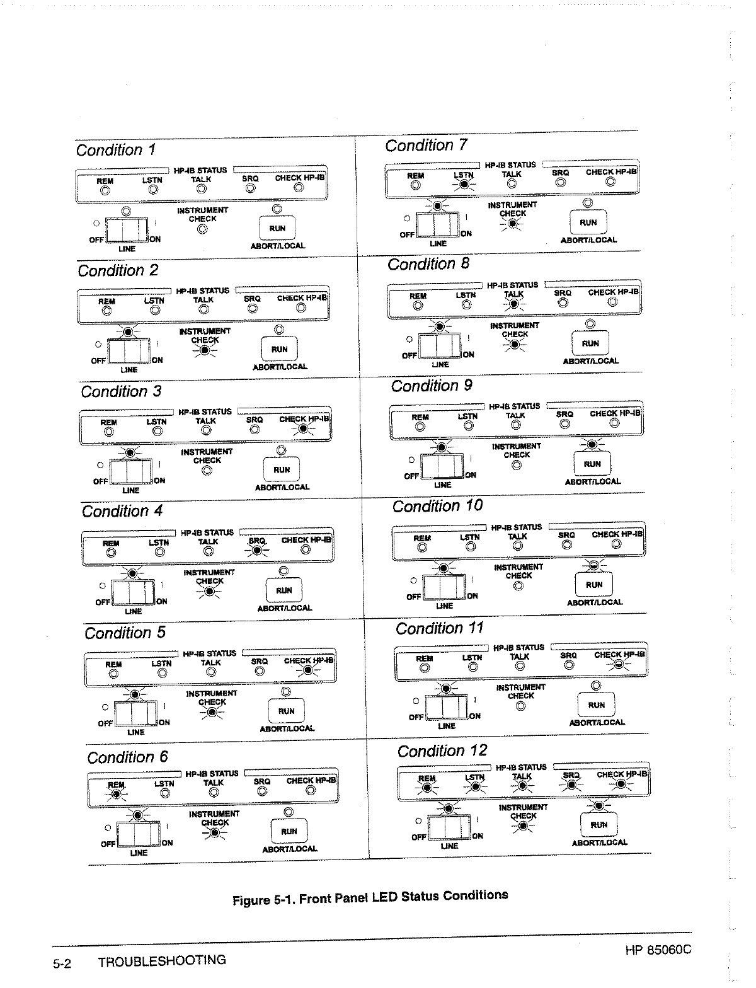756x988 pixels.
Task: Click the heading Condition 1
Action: click(115, 150)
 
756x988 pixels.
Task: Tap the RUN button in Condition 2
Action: click(279, 349)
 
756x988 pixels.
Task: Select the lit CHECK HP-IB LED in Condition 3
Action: click(305, 429)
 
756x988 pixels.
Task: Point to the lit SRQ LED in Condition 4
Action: click(257, 550)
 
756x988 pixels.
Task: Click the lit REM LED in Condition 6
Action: click(116, 794)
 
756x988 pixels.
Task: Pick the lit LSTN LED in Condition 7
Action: click(464, 185)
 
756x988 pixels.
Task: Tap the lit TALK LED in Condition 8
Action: click(514, 304)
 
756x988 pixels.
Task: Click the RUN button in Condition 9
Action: click(592, 464)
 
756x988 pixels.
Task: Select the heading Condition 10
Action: click(437, 506)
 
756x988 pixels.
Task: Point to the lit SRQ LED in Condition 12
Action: click(571, 785)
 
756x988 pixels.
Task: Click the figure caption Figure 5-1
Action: click(370, 897)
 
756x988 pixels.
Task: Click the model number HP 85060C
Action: click(658, 950)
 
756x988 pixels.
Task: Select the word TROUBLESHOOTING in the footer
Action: click(162, 961)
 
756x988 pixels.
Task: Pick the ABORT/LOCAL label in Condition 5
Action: click(287, 728)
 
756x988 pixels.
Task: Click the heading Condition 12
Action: click(442, 751)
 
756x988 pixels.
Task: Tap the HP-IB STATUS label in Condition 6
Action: click(212, 773)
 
